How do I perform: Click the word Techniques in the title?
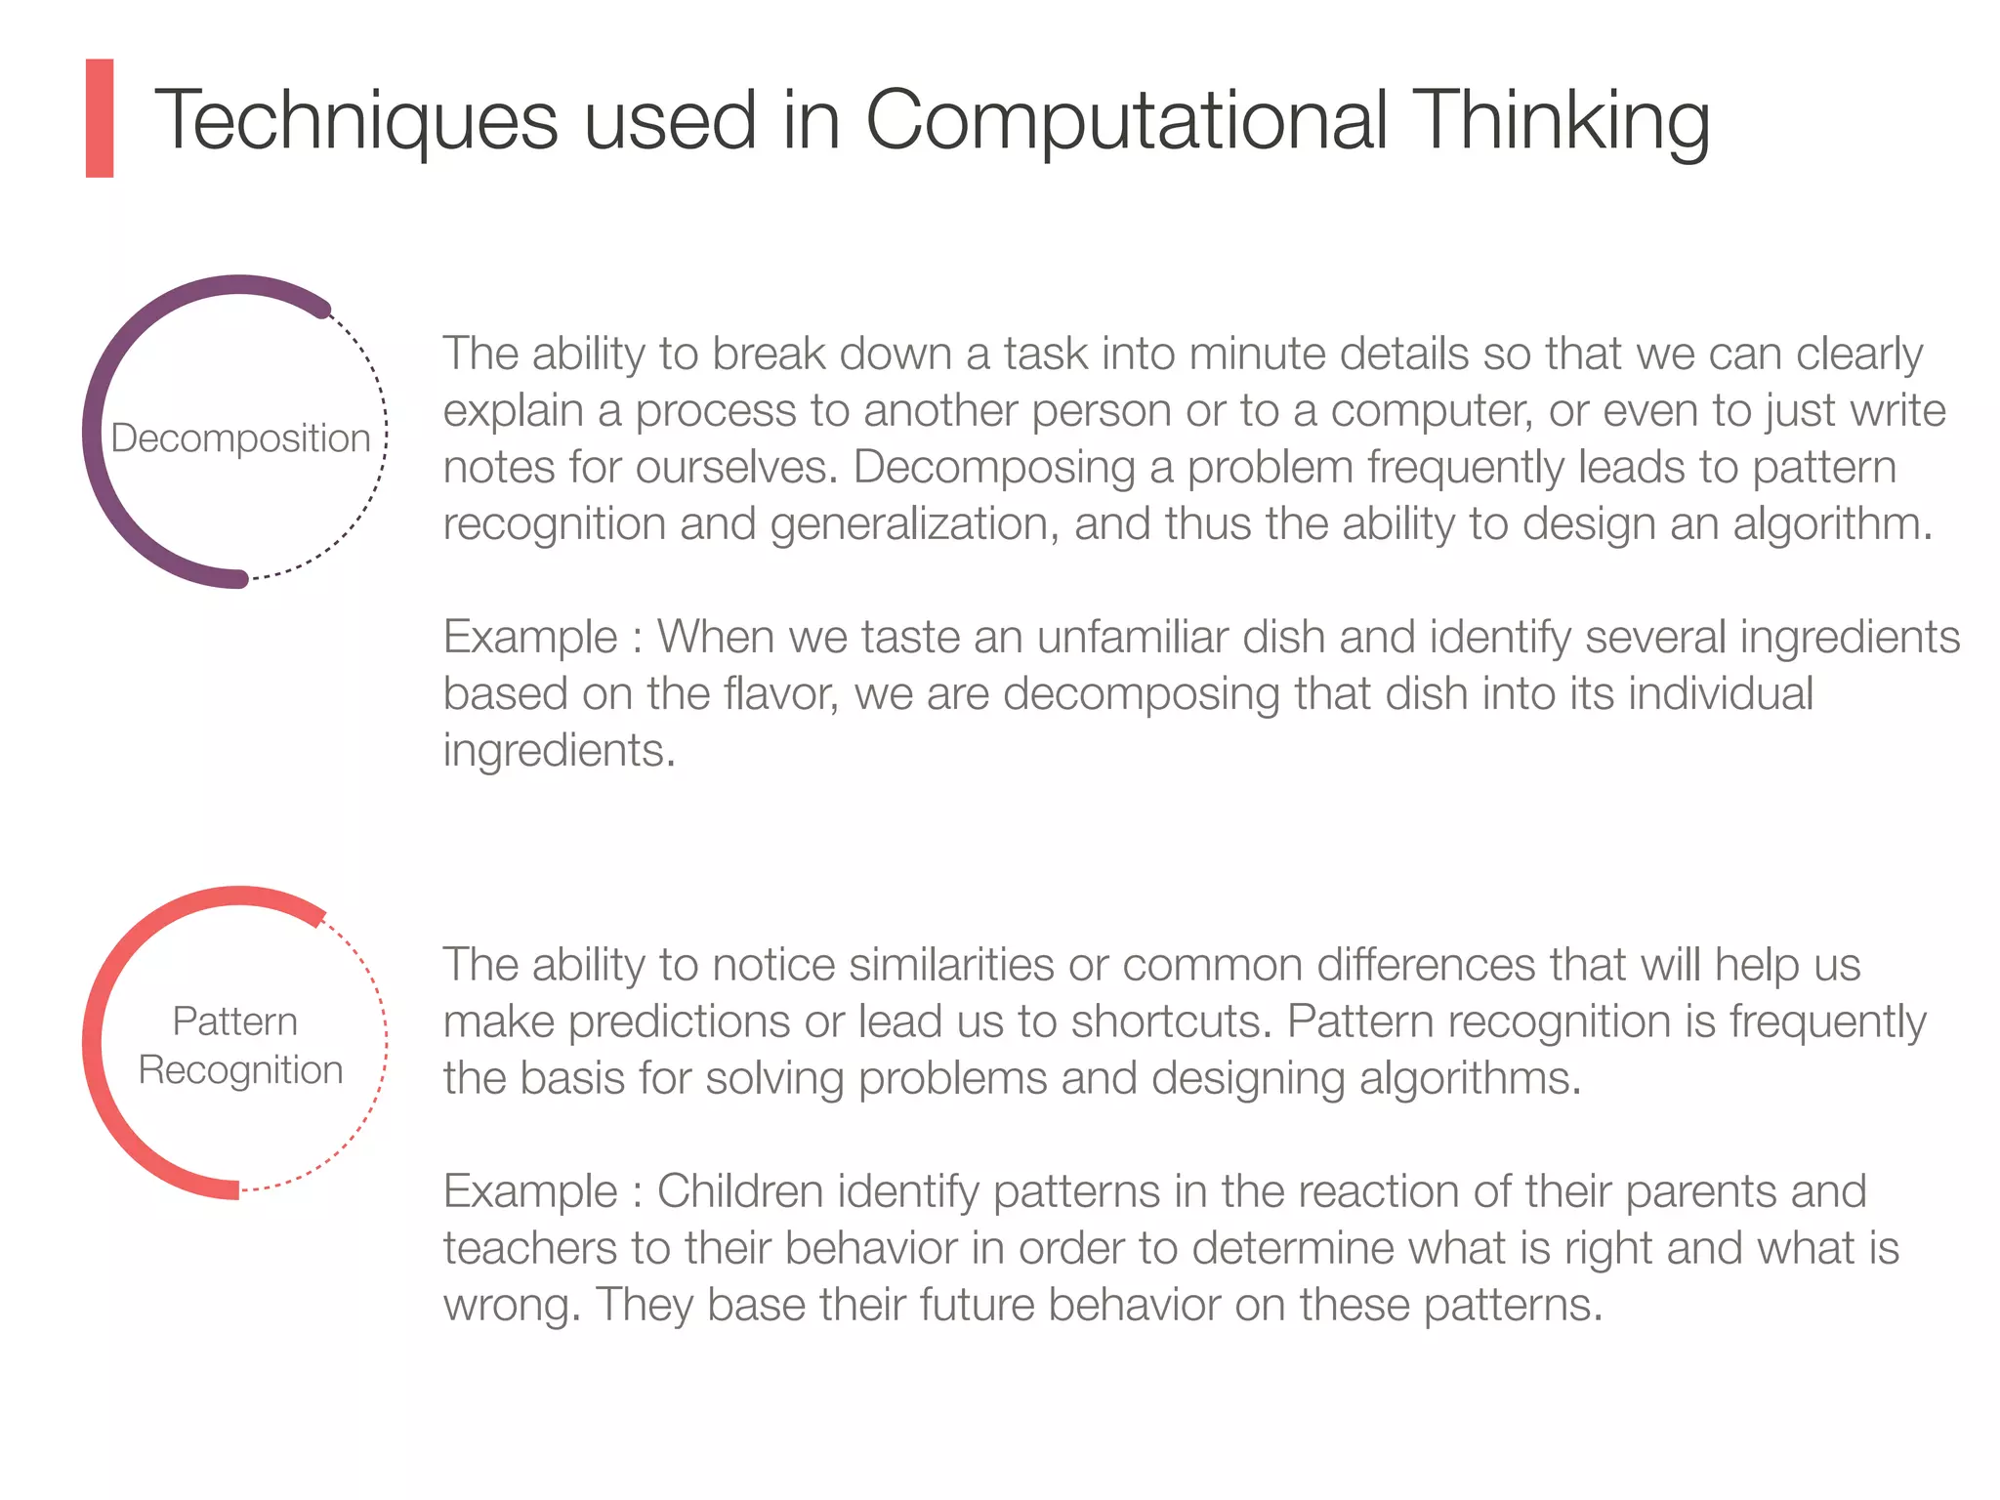pyautogui.click(x=356, y=121)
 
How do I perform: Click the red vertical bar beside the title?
pyautogui.click(x=100, y=118)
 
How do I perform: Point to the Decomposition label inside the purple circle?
pyautogui.click(x=240, y=438)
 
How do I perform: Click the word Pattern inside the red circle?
pyautogui.click(x=234, y=1021)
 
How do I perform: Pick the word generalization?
pyautogui.click(x=914, y=523)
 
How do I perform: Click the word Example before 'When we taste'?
pyautogui.click(x=530, y=637)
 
